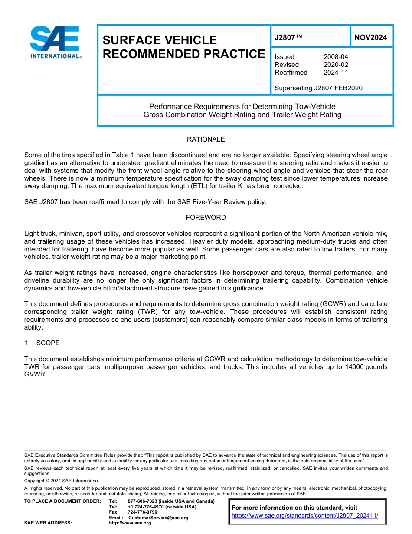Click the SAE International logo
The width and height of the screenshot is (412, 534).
(x=55, y=43)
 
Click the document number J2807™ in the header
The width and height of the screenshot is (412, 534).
(x=288, y=38)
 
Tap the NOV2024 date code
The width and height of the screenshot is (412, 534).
(x=370, y=38)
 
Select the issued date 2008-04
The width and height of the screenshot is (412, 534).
(x=336, y=57)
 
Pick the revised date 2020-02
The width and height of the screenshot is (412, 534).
(x=336, y=65)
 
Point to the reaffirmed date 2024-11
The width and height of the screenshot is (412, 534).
(x=336, y=73)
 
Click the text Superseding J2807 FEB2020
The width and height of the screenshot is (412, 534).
(x=318, y=88)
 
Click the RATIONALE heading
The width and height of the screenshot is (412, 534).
(x=206, y=139)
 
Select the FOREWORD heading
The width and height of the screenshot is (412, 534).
(x=206, y=218)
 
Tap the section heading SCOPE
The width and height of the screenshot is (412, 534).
(x=48, y=343)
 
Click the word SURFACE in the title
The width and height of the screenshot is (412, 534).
(x=130, y=40)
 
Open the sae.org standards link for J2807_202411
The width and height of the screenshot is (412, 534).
(x=305, y=516)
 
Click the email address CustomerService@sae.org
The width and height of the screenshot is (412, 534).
(x=158, y=518)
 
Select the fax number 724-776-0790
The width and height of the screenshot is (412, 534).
(x=142, y=512)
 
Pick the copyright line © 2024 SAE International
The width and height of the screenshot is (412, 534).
(x=62, y=481)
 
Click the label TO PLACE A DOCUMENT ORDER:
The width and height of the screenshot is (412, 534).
(x=62, y=501)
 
